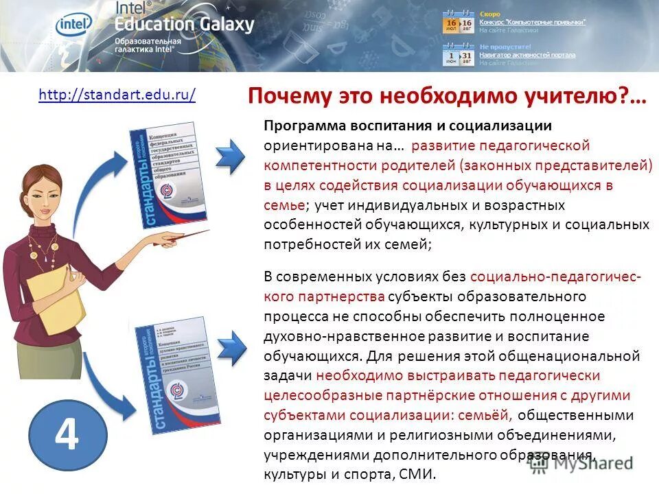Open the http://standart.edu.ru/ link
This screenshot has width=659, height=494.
coord(117,95)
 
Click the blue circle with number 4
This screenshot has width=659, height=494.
coord(67,434)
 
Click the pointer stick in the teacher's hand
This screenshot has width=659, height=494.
coord(172,237)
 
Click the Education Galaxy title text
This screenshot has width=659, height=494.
coord(184,25)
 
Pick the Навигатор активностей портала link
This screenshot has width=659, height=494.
coord(527,55)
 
